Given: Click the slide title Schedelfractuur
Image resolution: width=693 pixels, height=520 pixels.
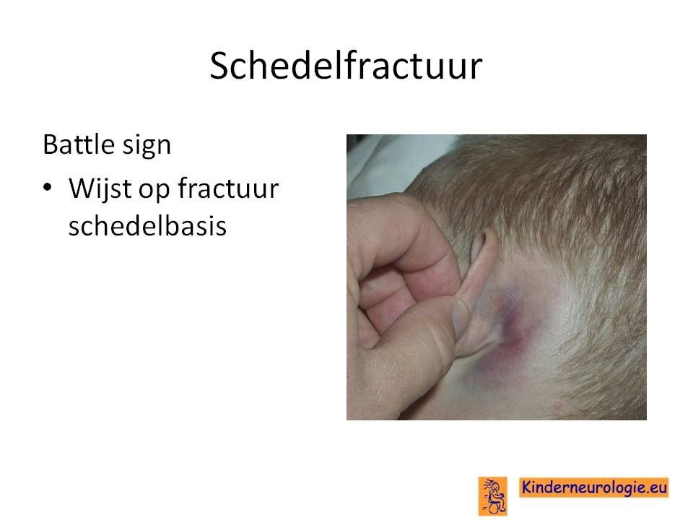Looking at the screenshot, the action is [x=346, y=66].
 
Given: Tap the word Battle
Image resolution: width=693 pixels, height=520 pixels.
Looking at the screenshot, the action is [x=79, y=144].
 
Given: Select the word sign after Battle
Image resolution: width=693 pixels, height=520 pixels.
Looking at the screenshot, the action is [x=147, y=147].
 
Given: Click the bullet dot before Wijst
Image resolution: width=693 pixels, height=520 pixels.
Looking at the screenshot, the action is [x=48, y=188].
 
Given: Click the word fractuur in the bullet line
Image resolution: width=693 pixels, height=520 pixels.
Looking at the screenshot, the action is [x=228, y=188].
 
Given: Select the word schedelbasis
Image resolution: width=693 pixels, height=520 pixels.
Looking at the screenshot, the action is [x=147, y=225].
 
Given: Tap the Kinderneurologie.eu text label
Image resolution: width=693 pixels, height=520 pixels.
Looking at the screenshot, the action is [x=593, y=487].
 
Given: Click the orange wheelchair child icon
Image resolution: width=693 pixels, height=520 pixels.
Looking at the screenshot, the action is [x=492, y=496].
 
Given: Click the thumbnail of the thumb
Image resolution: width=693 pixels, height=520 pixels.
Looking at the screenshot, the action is [x=461, y=317].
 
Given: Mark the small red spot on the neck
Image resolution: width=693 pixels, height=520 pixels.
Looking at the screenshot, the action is [x=557, y=405].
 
